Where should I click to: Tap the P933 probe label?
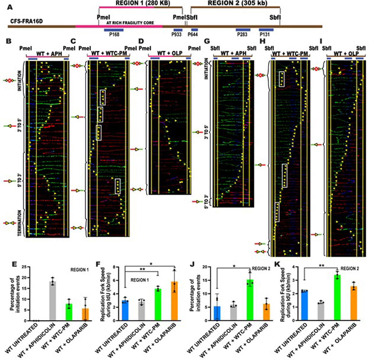coord(177,34)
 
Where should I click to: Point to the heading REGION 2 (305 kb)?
coord(235,3)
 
